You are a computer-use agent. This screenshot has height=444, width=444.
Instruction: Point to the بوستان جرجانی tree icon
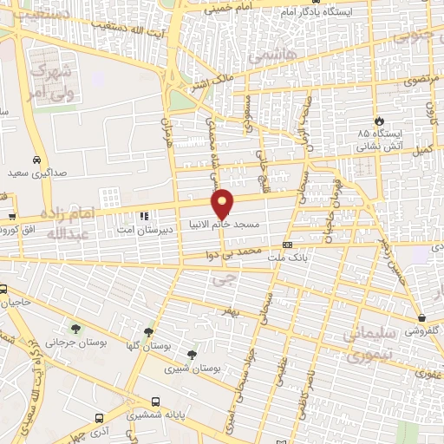click(75, 329)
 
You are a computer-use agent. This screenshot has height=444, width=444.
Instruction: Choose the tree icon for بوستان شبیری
click(192, 354)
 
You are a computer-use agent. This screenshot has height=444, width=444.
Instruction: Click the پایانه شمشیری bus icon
click(155, 402)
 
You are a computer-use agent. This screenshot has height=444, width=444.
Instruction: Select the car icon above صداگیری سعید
click(36, 160)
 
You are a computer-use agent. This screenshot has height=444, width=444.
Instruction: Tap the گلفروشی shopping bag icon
click(421, 317)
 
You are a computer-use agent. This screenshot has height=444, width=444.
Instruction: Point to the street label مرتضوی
click(420, 79)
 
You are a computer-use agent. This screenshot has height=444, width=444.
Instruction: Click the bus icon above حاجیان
click(4, 290)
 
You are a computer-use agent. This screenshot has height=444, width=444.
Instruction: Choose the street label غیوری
click(426, 374)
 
